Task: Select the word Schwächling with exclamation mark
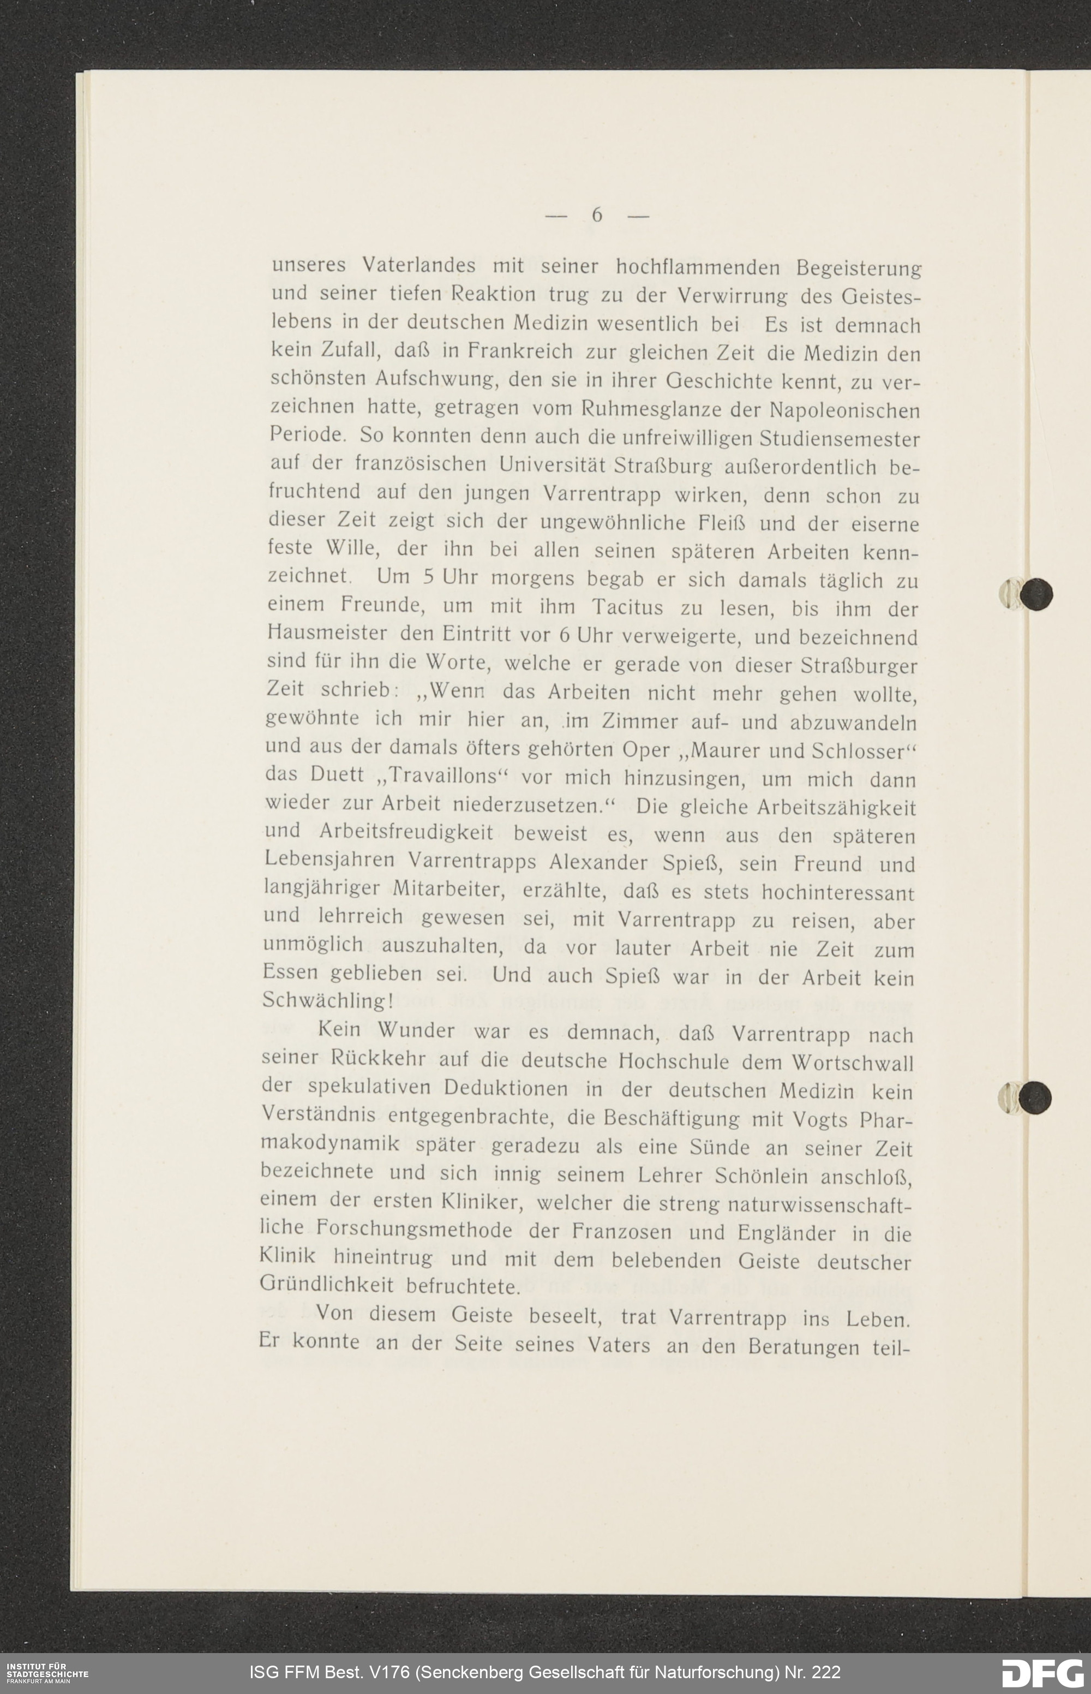coord(327,1000)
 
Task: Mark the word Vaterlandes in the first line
coord(419,265)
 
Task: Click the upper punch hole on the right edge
coord(1036,593)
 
